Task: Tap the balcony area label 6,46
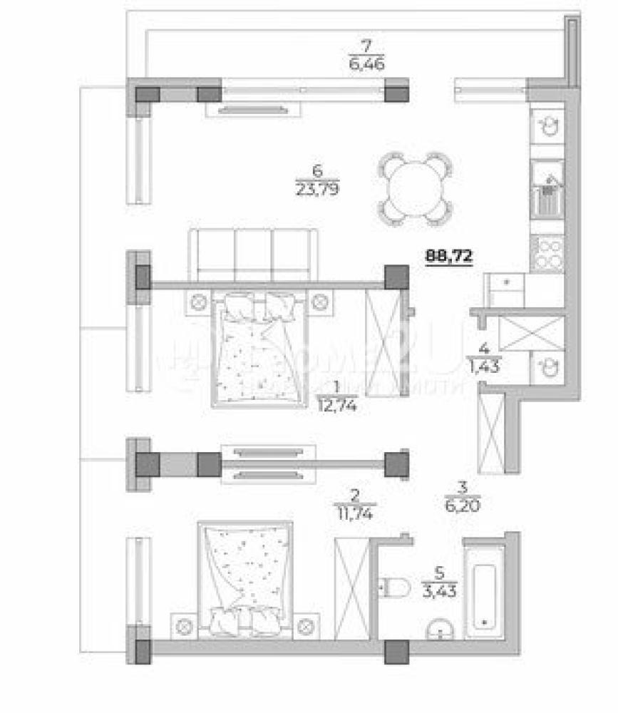click(x=366, y=63)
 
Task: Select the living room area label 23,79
click(x=317, y=188)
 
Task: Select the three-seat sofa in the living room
click(x=252, y=254)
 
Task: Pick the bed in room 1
click(x=260, y=349)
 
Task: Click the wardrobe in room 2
click(x=353, y=587)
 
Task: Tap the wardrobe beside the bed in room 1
click(x=383, y=341)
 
